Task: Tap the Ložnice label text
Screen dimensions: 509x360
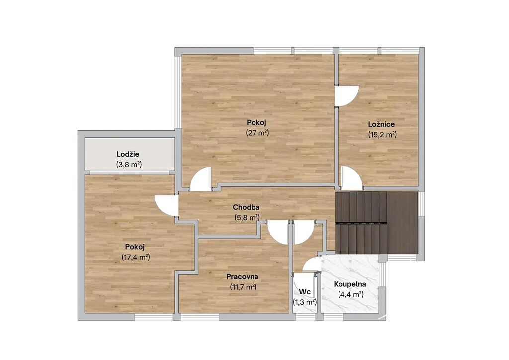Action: (x=381, y=124)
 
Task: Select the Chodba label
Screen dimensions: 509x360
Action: (x=246, y=207)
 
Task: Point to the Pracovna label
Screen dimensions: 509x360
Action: (x=242, y=277)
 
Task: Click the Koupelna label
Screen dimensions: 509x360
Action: (x=350, y=284)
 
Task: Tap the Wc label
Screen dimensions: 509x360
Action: (x=305, y=292)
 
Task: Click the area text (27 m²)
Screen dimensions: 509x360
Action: (x=257, y=133)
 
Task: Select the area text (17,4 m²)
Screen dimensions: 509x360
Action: (x=136, y=258)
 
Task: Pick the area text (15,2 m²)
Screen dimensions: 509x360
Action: (x=382, y=134)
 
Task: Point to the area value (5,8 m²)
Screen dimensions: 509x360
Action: (x=247, y=217)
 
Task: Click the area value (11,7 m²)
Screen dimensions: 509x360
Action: (x=243, y=287)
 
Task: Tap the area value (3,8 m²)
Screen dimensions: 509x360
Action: (x=129, y=164)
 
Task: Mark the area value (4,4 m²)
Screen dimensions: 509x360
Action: (x=350, y=295)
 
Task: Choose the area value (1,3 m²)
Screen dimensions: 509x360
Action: (x=305, y=302)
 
